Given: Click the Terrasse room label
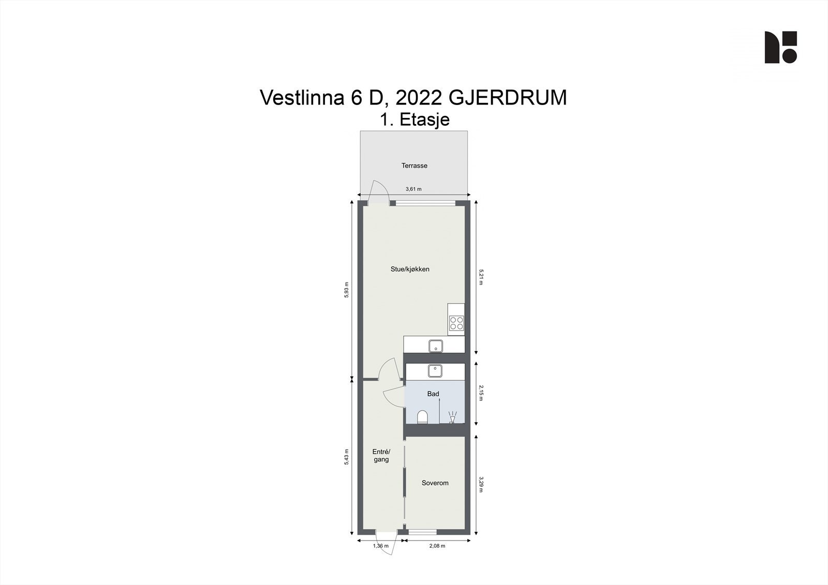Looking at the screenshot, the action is click(x=415, y=166).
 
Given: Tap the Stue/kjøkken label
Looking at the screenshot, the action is click(x=410, y=269).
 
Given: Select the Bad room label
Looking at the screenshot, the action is click(x=433, y=394).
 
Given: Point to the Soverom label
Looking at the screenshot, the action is click(x=435, y=483).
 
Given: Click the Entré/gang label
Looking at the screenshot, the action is click(x=381, y=456).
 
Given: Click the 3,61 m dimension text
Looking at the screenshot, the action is click(x=413, y=189).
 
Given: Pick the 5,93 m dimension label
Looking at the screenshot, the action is click(x=346, y=290).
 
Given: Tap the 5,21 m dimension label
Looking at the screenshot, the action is click(x=481, y=277).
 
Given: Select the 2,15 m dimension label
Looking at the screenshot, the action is click(x=481, y=393).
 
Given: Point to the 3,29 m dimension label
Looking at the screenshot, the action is click(x=481, y=485).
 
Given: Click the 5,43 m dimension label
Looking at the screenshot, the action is click(x=346, y=457).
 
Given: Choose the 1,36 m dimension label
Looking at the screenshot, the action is click(x=381, y=546).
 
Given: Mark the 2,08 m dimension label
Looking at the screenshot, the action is click(x=437, y=546).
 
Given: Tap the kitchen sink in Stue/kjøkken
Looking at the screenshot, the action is click(x=436, y=346).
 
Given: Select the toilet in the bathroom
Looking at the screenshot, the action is click(x=422, y=417).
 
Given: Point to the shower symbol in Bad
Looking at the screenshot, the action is click(x=452, y=417).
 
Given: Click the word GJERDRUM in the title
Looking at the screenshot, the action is click(x=508, y=98).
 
